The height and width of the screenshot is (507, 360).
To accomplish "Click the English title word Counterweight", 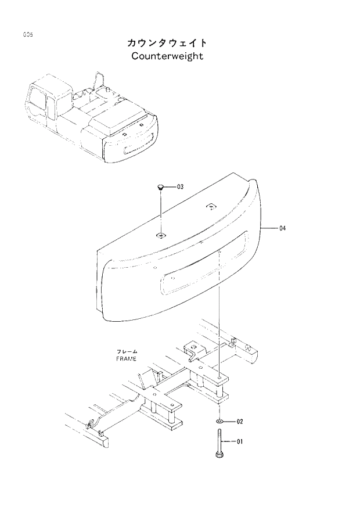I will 167,56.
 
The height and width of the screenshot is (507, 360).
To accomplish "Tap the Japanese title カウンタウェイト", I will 167,44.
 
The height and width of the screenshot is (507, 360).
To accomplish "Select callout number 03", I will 180,187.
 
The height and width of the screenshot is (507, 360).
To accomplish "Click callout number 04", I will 283,228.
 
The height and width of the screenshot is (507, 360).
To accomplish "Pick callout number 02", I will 239,421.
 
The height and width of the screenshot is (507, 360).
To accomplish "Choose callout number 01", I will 239,442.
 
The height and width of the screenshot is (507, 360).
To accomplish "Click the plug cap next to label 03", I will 160,187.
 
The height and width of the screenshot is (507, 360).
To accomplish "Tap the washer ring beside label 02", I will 219,420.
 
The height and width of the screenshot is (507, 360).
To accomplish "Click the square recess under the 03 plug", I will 160,235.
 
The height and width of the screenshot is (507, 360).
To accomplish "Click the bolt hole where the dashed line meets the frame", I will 219,377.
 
